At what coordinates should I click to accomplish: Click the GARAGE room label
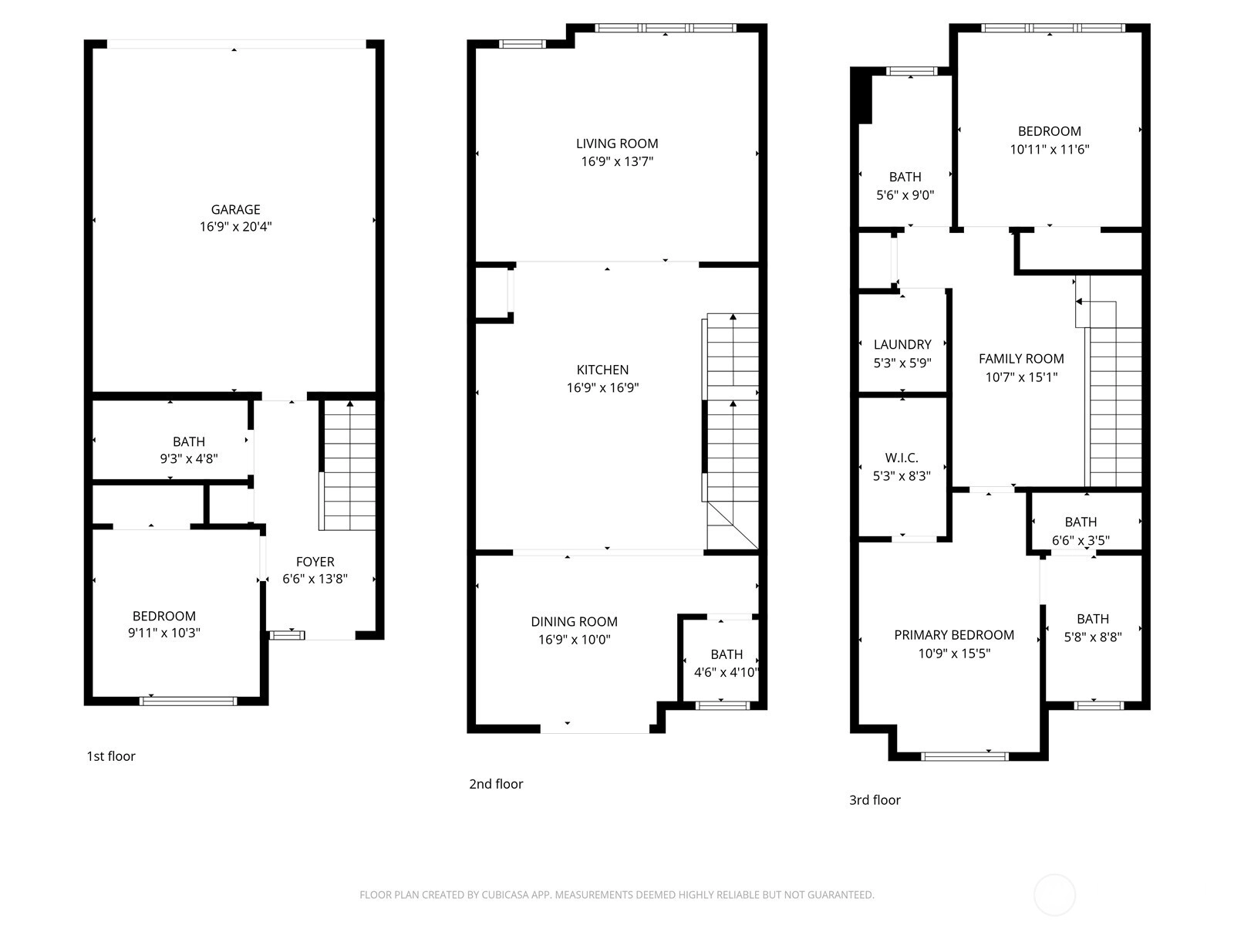(x=235, y=210)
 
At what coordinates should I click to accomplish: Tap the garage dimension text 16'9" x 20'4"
(x=235, y=227)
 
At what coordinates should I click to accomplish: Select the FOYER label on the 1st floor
(x=315, y=562)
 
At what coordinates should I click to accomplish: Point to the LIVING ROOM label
(x=617, y=144)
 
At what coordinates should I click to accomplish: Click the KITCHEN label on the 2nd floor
(x=602, y=370)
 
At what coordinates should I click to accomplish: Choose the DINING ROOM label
(x=574, y=622)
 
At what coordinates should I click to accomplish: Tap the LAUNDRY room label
(x=902, y=345)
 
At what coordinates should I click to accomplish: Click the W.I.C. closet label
(x=902, y=458)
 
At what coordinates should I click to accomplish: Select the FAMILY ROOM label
(x=1021, y=359)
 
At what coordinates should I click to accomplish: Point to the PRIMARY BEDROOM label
(x=954, y=635)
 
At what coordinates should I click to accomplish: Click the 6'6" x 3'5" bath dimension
(x=1081, y=540)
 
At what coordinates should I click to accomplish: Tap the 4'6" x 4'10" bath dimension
(x=727, y=672)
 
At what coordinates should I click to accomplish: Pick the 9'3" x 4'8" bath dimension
(x=189, y=459)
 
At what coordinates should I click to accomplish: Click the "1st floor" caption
(x=111, y=756)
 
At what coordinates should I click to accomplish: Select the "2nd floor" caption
(x=496, y=784)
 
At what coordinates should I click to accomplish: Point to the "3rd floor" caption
(x=875, y=800)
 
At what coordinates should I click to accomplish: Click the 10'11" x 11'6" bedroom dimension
(x=1050, y=150)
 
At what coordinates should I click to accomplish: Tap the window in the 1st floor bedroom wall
(x=188, y=701)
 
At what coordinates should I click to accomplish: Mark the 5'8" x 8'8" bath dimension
(x=1093, y=637)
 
